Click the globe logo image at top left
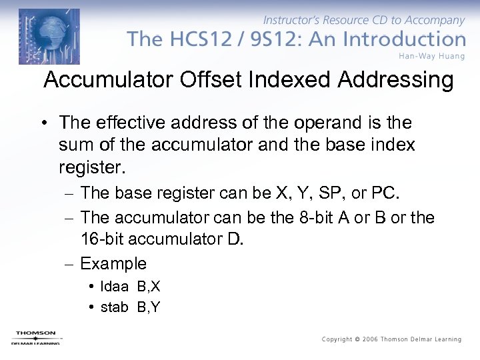pos(49,37)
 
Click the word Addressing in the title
pos(395,80)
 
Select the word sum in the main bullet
pos(74,144)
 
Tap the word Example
pos(113,263)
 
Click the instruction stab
pos(115,307)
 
